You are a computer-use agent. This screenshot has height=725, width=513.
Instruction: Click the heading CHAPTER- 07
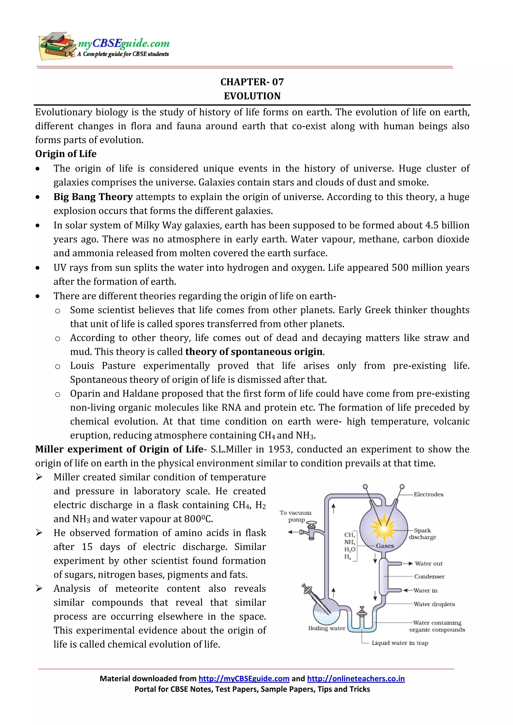252,82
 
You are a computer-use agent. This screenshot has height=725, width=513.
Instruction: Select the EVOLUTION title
252,96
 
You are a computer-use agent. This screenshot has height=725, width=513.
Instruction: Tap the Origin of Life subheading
66,154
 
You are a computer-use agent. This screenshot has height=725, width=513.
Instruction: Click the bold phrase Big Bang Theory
93,197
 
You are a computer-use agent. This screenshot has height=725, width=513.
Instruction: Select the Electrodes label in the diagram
428,494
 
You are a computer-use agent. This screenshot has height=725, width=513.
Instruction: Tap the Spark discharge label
422,534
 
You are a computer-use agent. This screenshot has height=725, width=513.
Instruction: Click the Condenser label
429,576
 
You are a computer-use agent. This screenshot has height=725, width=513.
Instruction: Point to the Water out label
429,564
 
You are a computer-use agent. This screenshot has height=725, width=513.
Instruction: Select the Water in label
425,590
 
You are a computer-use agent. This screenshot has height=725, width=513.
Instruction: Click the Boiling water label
327,628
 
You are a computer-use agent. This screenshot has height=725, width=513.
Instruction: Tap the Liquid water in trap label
400,643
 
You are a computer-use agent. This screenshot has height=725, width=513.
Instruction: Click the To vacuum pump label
296,516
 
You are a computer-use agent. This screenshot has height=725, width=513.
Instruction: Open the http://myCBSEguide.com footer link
244,678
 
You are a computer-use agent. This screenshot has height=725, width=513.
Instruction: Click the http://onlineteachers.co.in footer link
356,678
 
